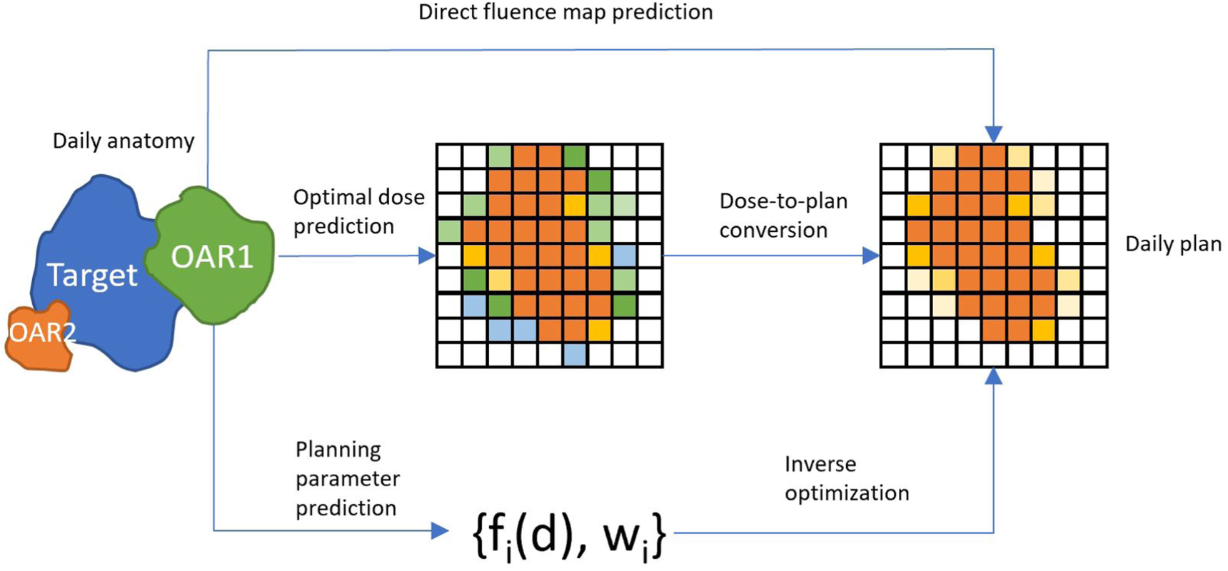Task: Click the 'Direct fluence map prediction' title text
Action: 565,12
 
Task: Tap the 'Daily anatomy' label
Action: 123,141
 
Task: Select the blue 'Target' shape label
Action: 92,275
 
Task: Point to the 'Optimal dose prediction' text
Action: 358,211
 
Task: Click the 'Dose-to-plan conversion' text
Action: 782,216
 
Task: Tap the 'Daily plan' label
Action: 1172,244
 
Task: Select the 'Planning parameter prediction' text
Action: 347,478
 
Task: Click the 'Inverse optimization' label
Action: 846,478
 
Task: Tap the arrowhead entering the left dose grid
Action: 427,256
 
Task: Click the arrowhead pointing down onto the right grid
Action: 993,134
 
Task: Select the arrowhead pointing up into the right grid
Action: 993,376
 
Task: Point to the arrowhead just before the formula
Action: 440,530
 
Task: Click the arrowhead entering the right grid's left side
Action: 871,256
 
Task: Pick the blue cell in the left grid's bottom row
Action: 574,355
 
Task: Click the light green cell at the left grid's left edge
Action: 449,231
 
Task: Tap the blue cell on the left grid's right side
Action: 624,256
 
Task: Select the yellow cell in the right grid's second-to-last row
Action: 1043,330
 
